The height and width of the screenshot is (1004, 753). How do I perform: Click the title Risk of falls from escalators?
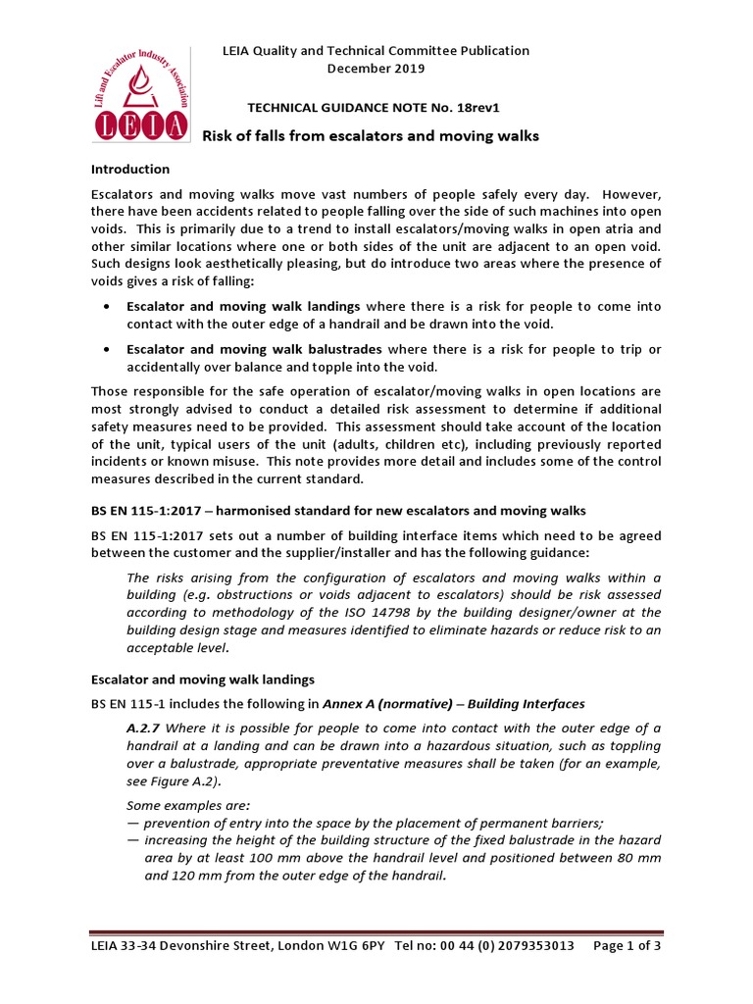(370, 136)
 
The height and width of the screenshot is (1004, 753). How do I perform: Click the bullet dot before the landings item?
(106, 307)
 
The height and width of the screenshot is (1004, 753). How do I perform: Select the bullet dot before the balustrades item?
(106, 350)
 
